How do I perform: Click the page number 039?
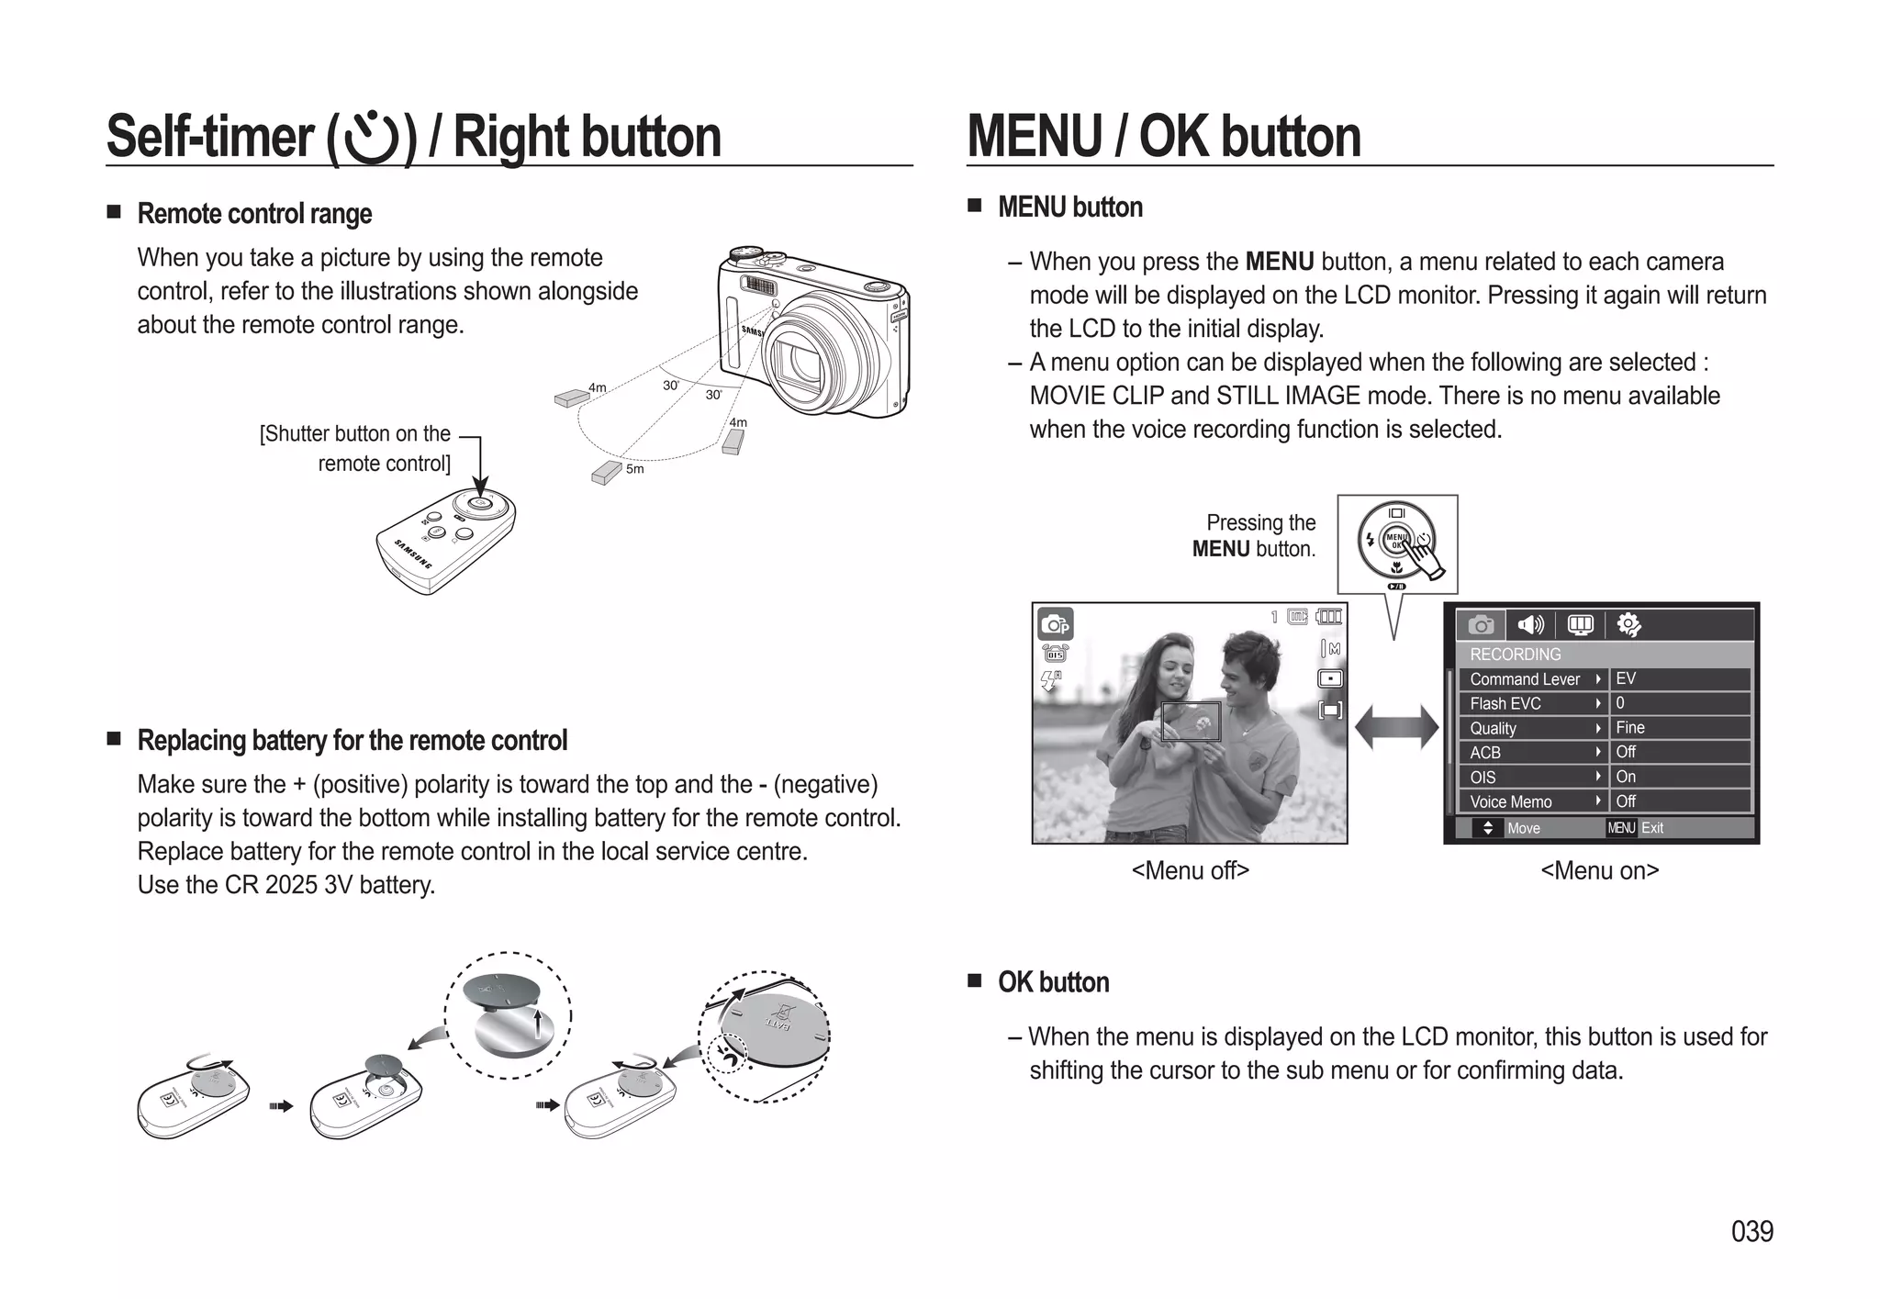tap(1751, 1231)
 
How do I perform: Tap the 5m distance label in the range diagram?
tap(634, 469)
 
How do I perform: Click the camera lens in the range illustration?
tap(797, 359)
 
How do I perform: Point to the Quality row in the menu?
tap(1531, 728)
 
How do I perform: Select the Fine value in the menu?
tap(1630, 728)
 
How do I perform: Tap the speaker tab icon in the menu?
tap(1530, 625)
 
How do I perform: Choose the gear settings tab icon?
tap(1628, 625)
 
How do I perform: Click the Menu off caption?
tap(1190, 870)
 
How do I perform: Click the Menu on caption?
tap(1599, 870)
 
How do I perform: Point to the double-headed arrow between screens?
tap(1396, 727)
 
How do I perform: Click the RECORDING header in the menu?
tap(1516, 655)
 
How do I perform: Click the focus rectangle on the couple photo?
tap(1191, 722)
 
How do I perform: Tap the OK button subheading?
tap(1053, 982)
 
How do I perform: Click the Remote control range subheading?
tap(254, 214)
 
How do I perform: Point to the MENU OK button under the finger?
tap(1396, 541)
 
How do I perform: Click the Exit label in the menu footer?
tap(1652, 828)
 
